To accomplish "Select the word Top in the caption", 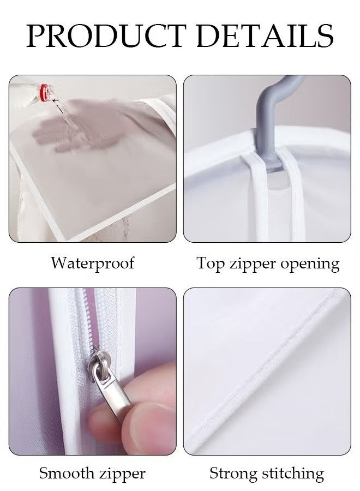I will point(211,263).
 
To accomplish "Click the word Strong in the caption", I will point(235,473).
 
